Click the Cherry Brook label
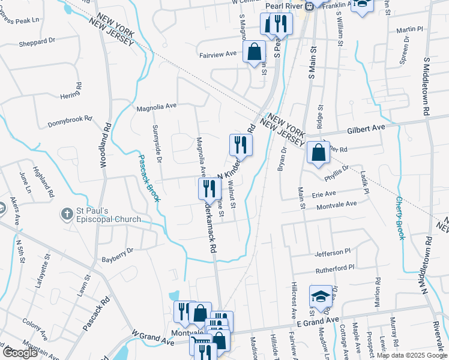[x=400, y=218]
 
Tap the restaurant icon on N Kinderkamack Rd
[x=241, y=145]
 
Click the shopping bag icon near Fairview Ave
[x=255, y=52]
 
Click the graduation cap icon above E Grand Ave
[x=321, y=296]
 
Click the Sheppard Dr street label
[x=37, y=42]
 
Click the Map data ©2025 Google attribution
[x=412, y=355]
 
